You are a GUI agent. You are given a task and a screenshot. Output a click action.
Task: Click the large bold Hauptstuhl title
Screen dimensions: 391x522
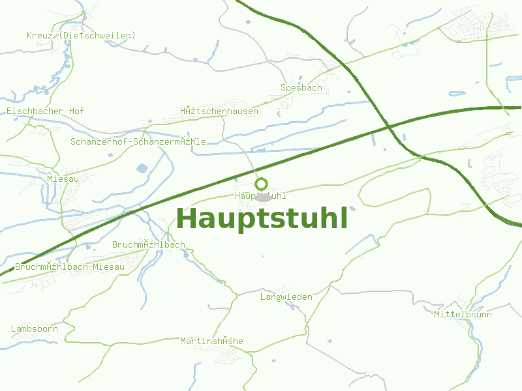(x=262, y=219)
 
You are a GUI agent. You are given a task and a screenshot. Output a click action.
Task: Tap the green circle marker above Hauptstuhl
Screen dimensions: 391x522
(x=261, y=184)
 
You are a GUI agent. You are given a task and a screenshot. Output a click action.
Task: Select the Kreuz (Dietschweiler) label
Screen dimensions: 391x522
(x=81, y=35)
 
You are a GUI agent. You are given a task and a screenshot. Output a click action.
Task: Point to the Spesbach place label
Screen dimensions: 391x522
(x=301, y=87)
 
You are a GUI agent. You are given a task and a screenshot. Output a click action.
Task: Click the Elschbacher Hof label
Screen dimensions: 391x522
(x=45, y=111)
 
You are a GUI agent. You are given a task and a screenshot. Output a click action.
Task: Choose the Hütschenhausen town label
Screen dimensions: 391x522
(x=219, y=111)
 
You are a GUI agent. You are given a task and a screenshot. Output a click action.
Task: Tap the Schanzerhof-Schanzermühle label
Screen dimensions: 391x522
(x=138, y=141)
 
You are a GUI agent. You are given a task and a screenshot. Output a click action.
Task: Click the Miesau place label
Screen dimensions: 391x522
(x=63, y=179)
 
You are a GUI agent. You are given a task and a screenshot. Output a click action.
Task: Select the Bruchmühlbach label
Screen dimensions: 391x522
(x=148, y=245)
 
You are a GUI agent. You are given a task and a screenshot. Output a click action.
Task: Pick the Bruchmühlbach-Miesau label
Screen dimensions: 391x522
(x=69, y=267)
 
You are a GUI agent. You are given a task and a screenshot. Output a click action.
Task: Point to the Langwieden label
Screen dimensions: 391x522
(x=286, y=297)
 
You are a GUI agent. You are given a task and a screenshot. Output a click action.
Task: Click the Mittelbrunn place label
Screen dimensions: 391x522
(x=463, y=314)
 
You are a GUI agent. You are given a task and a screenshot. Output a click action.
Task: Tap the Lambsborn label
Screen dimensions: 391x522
(x=34, y=329)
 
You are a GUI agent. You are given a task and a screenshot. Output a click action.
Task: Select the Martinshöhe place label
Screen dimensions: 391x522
(x=211, y=341)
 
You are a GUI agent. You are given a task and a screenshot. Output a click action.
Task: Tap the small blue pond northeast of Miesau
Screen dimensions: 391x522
(x=142, y=169)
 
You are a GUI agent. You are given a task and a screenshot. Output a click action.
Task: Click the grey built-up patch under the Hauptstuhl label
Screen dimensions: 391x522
(x=264, y=197)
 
